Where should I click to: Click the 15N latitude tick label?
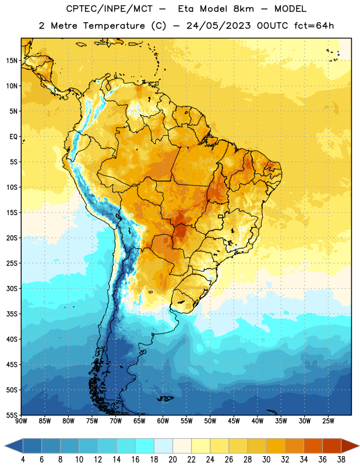pyautogui.click(x=12, y=61)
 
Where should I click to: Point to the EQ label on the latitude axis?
pyautogui.click(x=13, y=137)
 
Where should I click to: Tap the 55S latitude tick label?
pyautogui.click(x=12, y=415)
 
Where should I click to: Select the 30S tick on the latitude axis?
pyautogui.click(x=12, y=288)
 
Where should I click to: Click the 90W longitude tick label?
pyautogui.click(x=21, y=421)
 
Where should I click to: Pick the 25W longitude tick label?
pyautogui.click(x=328, y=421)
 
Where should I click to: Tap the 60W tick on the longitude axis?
pyautogui.click(x=163, y=421)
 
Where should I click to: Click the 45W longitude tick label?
pyautogui.click(x=234, y=421)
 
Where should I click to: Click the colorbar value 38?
pyautogui.click(x=341, y=460)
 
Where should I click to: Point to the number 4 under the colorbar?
pyautogui.click(x=23, y=460)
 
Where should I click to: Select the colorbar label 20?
pyautogui.click(x=172, y=460)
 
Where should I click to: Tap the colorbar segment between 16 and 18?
pyautogui.click(x=145, y=446)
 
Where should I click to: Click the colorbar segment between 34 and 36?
pyautogui.click(x=313, y=446)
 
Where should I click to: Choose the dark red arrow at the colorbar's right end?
pyautogui.click(x=350, y=446)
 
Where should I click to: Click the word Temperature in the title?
pyautogui.click(x=114, y=26)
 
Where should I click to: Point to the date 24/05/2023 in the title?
pyautogui.click(x=218, y=26)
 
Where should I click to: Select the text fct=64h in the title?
pyautogui.click(x=314, y=26)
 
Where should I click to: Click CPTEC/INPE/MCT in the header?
pyautogui.click(x=110, y=9)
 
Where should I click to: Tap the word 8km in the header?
pyautogui.click(x=243, y=9)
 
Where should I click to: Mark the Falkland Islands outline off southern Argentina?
pyautogui.click(x=165, y=398)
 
